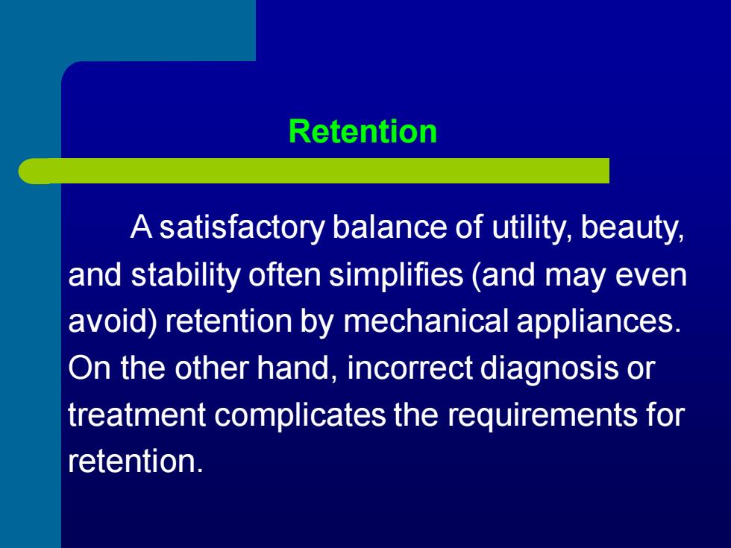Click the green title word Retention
coord(363,131)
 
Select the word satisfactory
coord(242,228)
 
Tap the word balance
coord(389,227)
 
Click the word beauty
coord(633,228)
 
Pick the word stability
coord(185,275)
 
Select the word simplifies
coord(396,275)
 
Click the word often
coord(284,274)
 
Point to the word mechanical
coord(426,321)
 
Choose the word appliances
coord(599,321)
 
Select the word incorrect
coord(410,368)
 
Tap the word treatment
coord(137,415)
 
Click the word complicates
coord(300,415)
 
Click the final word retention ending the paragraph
coord(135,462)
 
